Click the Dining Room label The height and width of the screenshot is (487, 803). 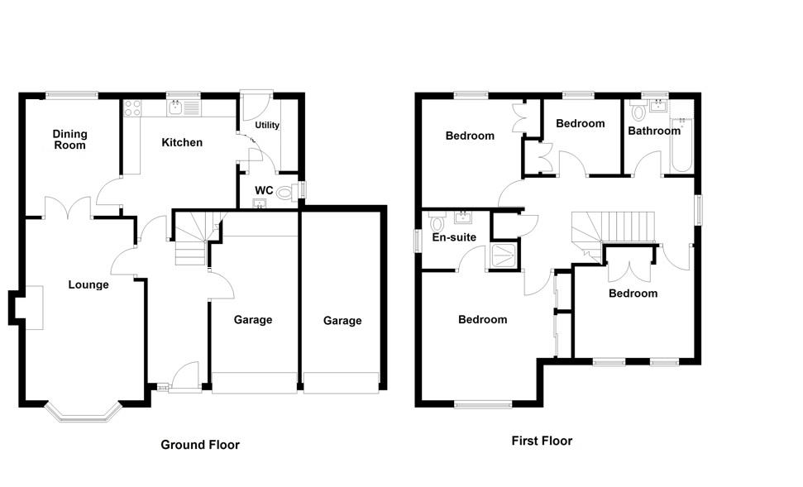tap(69, 139)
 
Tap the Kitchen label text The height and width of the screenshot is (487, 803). tap(182, 142)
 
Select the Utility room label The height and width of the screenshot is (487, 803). tap(267, 126)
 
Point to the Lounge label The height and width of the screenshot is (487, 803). tap(88, 284)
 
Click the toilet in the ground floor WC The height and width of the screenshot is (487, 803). tap(285, 193)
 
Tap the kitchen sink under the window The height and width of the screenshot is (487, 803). tap(176, 107)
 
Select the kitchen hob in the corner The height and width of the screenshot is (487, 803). tap(133, 107)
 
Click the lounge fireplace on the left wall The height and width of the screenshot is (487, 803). tap(31, 308)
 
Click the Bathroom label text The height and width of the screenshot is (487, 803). tap(653, 131)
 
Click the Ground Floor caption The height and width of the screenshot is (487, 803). tap(199, 445)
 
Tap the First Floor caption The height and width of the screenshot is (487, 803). tap(542, 441)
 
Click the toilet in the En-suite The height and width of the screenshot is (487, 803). tap(437, 223)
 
